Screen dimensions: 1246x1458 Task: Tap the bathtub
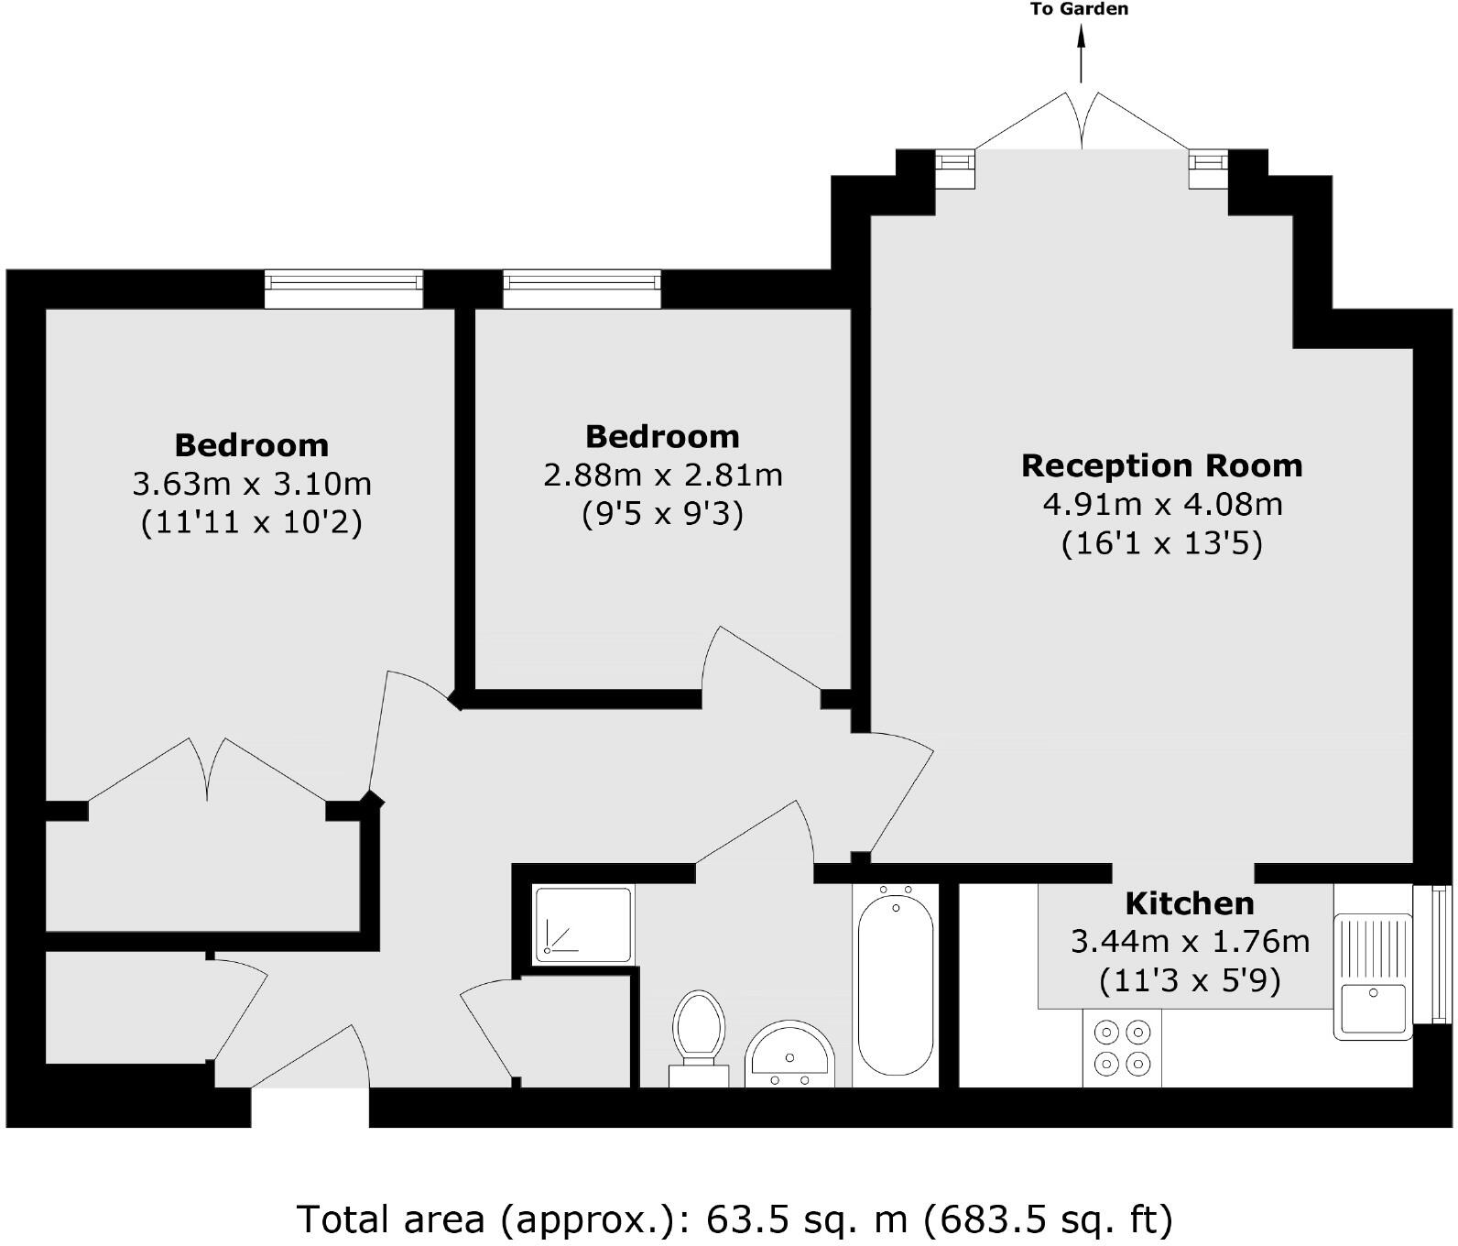[895, 983]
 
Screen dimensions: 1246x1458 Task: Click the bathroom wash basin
[789, 1053]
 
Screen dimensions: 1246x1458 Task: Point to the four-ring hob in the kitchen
[1122, 1047]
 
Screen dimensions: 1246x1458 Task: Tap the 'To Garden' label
[1079, 10]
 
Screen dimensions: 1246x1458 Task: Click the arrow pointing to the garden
[1082, 55]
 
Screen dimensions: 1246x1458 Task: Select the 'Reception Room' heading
[1161, 465]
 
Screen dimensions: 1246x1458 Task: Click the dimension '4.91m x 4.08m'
[1161, 504]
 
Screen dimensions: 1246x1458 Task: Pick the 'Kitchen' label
[1189, 903]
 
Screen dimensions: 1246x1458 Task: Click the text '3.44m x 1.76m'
[1189, 941]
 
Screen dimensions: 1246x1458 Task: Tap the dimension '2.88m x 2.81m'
[662, 475]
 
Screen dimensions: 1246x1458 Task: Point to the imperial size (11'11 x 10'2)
[251, 522]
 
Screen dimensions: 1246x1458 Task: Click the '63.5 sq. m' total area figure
[806, 1219]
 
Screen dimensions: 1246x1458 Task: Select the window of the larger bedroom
[343, 289]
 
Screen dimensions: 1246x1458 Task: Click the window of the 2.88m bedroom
[582, 289]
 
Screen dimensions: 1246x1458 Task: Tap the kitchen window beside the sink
[1431, 953]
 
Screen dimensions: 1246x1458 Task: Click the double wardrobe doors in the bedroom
[208, 774]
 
